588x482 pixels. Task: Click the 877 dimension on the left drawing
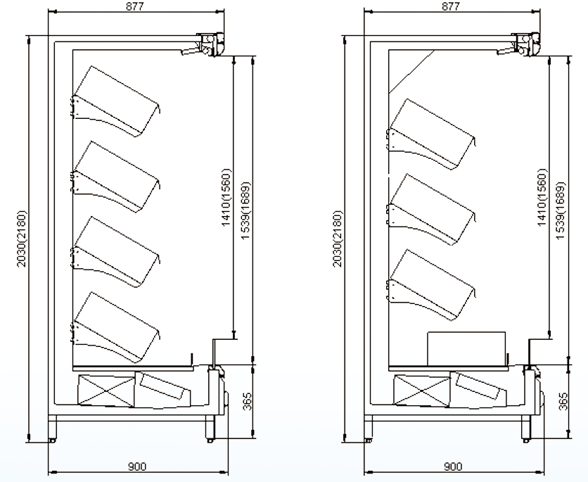click(134, 6)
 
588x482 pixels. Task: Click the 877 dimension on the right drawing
click(450, 6)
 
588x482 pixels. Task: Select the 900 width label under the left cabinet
click(137, 467)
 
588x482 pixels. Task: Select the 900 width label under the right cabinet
click(453, 467)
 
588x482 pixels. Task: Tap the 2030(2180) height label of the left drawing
click(22, 239)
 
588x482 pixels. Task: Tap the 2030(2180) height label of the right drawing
click(338, 239)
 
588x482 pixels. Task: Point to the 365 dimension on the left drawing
click(247, 401)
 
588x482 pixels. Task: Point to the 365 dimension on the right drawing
click(563, 401)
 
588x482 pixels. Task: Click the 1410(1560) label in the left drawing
click(226, 197)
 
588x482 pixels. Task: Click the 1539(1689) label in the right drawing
click(559, 211)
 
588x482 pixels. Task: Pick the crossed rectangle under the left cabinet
click(106, 391)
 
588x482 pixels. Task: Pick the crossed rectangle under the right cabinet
click(422, 391)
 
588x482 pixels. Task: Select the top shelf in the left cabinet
click(115, 101)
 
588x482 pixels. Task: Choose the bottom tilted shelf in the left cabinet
click(115, 328)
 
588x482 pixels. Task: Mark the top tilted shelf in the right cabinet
click(431, 134)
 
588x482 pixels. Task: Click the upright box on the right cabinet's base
click(466, 348)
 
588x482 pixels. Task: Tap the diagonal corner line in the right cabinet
click(411, 72)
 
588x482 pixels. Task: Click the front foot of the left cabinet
click(210, 428)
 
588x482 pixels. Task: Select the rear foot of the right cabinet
click(368, 428)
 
